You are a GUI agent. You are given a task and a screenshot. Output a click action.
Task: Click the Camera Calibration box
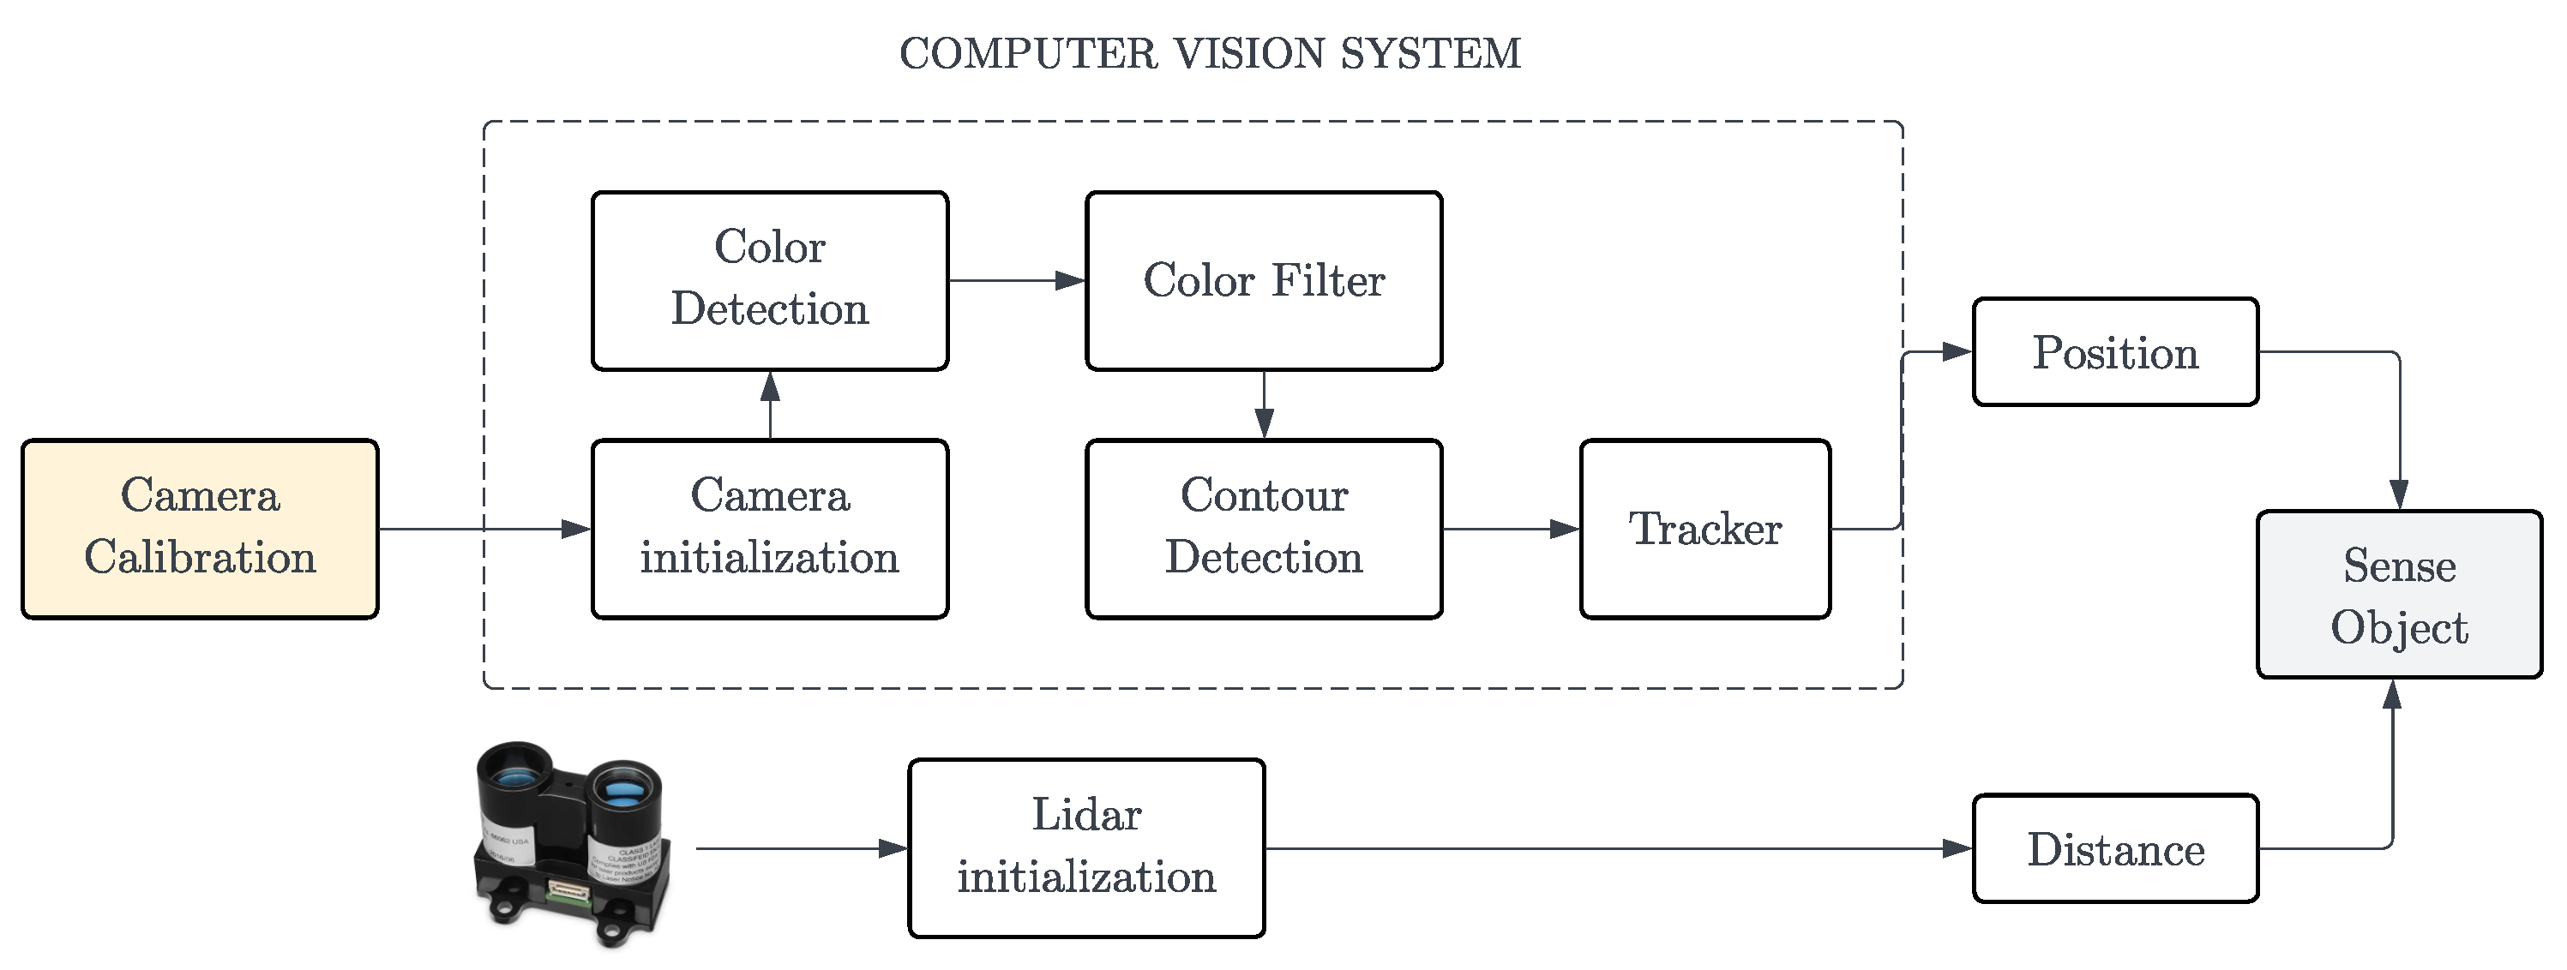(199, 529)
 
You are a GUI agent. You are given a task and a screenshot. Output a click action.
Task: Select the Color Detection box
(769, 281)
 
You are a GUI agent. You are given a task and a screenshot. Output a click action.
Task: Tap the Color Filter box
(1264, 281)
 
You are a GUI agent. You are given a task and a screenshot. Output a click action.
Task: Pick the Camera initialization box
(769, 529)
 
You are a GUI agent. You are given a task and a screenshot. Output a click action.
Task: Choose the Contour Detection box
(1264, 529)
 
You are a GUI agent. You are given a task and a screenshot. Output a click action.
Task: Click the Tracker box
(1705, 529)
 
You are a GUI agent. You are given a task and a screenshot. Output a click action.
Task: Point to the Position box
(2114, 351)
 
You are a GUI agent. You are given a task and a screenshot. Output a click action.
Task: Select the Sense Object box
(2399, 596)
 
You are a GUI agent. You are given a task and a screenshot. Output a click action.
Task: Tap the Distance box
(2114, 848)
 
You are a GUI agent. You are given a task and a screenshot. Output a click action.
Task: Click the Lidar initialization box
(1086, 848)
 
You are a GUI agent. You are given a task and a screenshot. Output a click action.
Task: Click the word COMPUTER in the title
(1028, 54)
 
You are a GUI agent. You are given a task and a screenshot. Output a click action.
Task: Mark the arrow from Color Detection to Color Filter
(1017, 281)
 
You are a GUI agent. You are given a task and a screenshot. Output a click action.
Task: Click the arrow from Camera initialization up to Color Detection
(769, 405)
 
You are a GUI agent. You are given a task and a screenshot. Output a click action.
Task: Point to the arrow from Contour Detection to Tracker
(1511, 529)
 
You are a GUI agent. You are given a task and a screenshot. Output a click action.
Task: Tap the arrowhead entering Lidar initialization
(894, 848)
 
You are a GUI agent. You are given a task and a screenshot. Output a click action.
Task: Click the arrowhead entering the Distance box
(1958, 848)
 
